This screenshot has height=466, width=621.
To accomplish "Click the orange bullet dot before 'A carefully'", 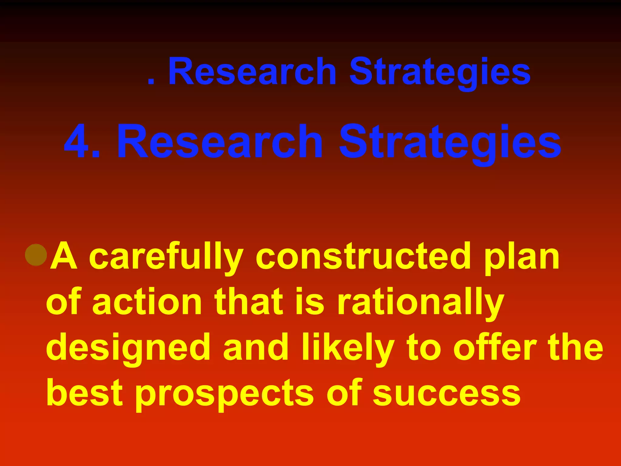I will [36, 255].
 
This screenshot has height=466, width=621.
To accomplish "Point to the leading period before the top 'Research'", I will [151, 81].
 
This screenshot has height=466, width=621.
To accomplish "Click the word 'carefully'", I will [166, 257].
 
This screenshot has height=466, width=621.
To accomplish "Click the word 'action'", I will [147, 302].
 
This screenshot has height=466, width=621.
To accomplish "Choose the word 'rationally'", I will [421, 303].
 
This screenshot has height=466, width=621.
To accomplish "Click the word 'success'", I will [447, 394].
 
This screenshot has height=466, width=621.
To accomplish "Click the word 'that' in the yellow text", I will [249, 302].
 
